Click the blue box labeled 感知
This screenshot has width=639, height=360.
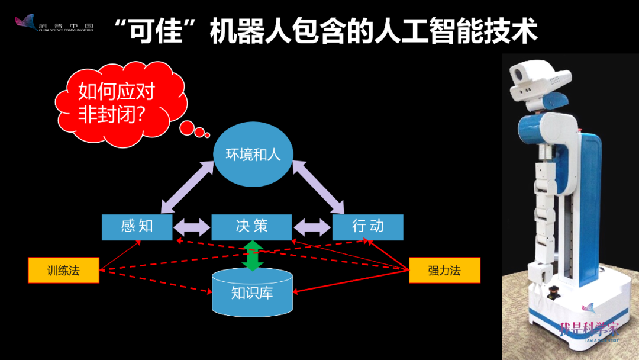coord(137,227)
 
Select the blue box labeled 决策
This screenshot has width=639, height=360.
coord(251,226)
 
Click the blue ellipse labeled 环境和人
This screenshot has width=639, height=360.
coord(253,156)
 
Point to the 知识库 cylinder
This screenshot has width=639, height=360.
coord(252,291)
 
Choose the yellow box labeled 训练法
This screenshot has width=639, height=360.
coord(63,271)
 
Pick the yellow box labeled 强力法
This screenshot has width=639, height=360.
coord(444,271)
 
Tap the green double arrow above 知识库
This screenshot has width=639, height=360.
coord(253,255)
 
